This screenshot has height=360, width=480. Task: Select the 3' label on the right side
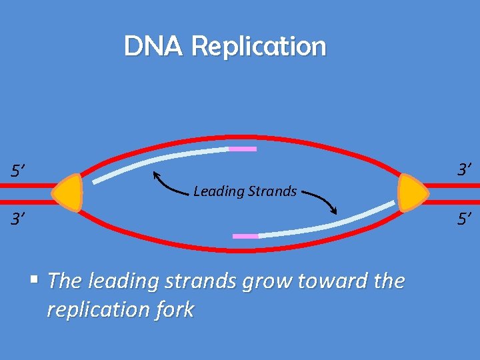tap(465, 170)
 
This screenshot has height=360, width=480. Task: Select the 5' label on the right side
tap(465, 217)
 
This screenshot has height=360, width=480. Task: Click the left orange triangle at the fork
tap(68, 193)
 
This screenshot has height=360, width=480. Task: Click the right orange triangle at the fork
tap(412, 193)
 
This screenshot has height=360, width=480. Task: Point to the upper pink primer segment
tap(243, 149)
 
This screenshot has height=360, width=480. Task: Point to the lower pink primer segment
tap(245, 236)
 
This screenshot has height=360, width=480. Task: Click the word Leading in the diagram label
tap(219, 192)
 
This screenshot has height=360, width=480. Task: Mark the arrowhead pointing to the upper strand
tap(156, 175)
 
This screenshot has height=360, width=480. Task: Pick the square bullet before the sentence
tap(40, 279)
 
